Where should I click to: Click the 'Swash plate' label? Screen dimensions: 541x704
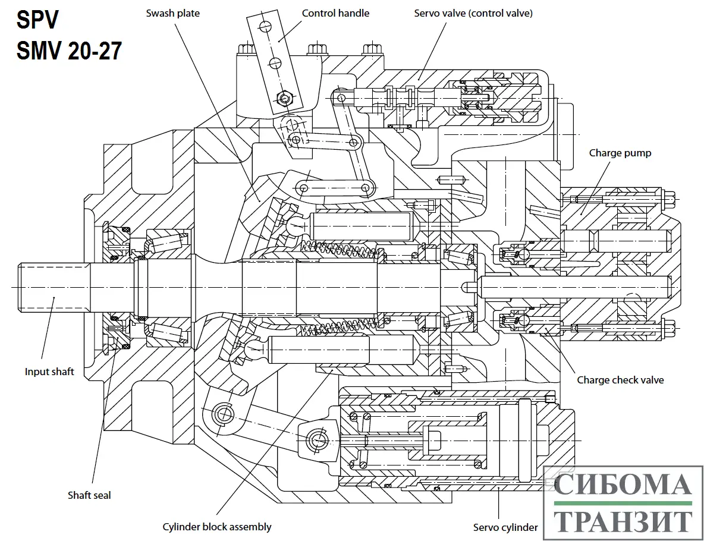tap(172, 13)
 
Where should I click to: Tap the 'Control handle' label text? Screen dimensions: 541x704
tap(335, 13)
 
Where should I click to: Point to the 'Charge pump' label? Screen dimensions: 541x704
tap(620, 153)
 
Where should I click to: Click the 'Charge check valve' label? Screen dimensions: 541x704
tap(620, 380)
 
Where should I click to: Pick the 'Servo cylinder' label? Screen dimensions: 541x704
tap(505, 527)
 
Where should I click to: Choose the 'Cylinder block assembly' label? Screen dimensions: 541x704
tap(216, 527)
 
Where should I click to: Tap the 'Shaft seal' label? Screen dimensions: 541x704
tap(89, 495)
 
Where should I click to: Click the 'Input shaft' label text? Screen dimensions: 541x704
tap(49, 372)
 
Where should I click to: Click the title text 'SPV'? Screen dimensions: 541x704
tap(37, 21)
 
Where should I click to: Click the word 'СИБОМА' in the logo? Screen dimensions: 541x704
tap(623, 485)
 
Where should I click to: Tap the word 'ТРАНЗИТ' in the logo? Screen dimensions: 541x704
tap(623, 521)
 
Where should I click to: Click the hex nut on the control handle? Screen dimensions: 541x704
tap(284, 98)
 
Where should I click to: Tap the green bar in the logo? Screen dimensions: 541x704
tap(623, 504)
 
